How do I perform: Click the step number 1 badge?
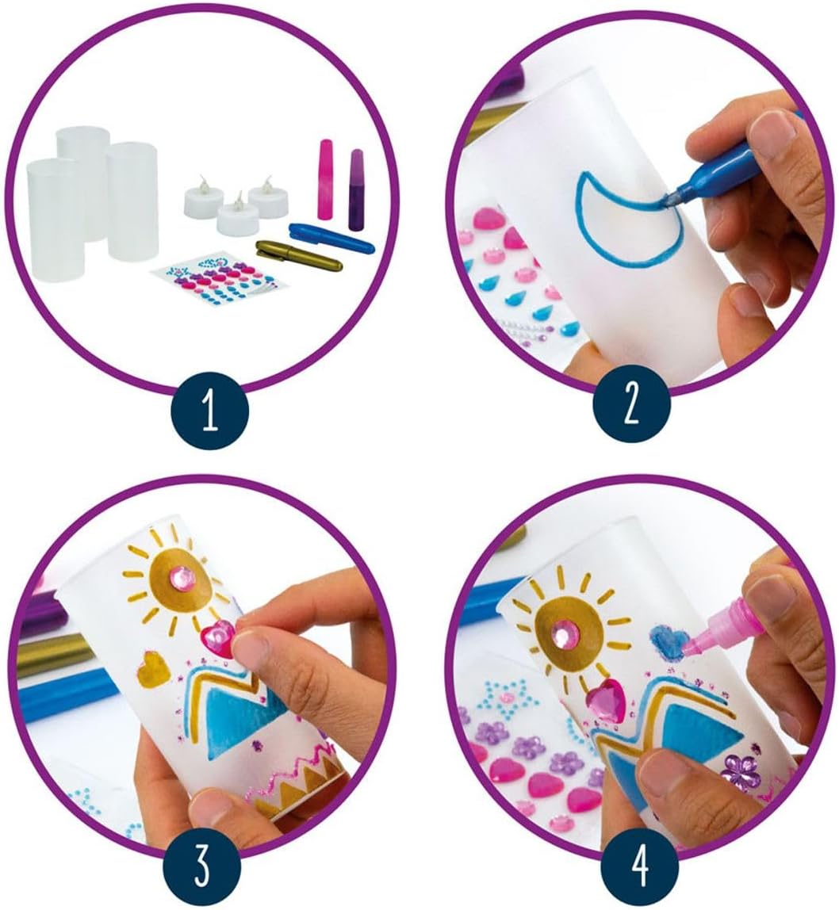210,413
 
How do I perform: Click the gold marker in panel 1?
300,254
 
